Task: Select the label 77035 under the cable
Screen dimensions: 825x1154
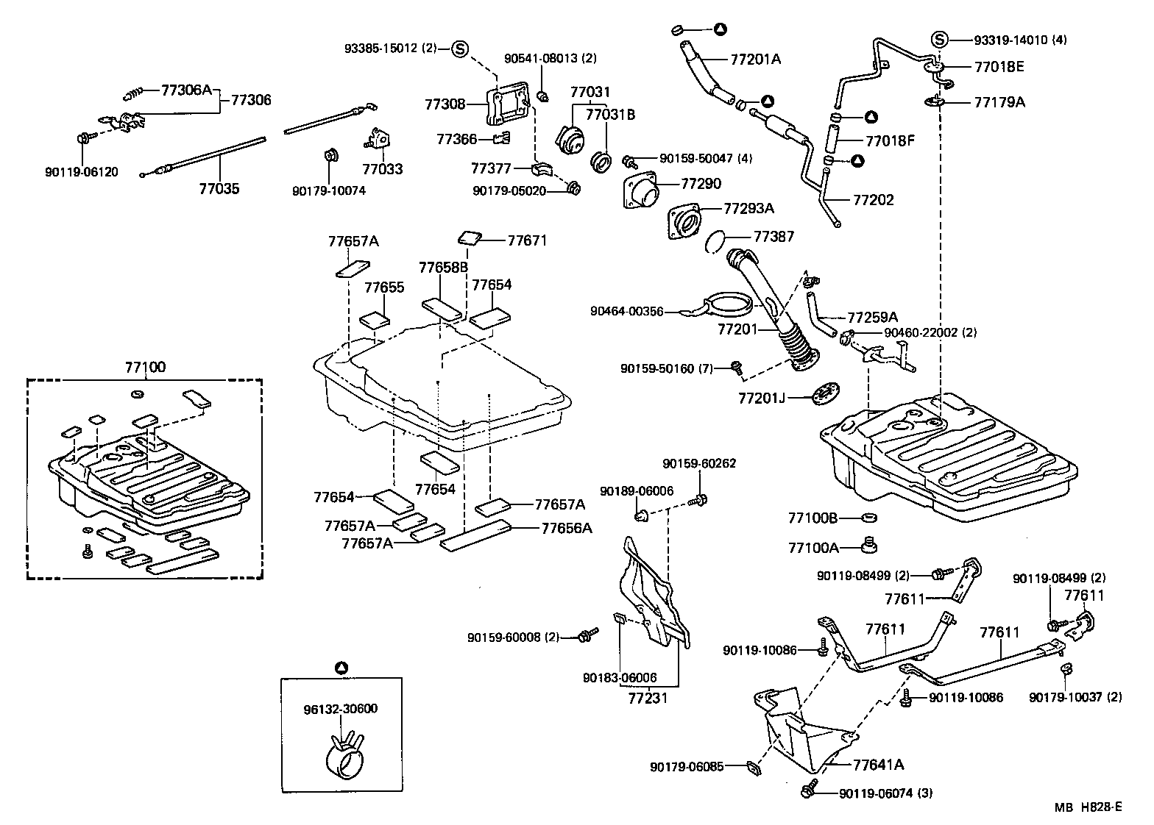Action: (219, 188)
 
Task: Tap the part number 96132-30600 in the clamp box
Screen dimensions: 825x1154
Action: (340, 709)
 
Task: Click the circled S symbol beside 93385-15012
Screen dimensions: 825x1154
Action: (460, 49)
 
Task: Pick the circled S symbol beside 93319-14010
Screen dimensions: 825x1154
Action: (938, 39)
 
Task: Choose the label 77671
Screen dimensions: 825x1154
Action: (527, 240)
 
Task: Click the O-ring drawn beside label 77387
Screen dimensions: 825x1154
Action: (719, 239)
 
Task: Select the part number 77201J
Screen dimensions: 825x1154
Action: (762, 399)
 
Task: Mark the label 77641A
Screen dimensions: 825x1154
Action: (878, 765)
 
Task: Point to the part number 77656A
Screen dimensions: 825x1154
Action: (567, 528)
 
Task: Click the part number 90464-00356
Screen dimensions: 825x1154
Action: (626, 312)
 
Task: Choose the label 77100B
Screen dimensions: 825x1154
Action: (813, 518)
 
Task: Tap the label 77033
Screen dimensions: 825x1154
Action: (383, 169)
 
